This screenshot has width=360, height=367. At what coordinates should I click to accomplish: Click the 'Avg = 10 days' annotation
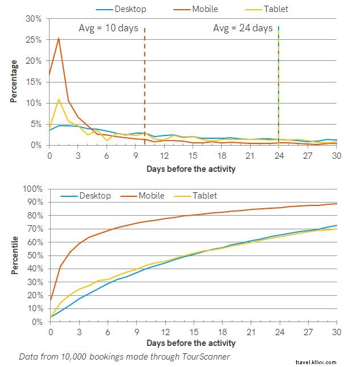pyautogui.click(x=108, y=28)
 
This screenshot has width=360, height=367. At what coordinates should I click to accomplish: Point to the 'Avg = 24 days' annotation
pyautogui.click(x=243, y=28)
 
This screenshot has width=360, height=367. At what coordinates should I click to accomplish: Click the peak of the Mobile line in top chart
pyautogui.click(x=59, y=39)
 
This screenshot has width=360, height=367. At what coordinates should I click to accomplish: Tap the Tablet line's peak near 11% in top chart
pyautogui.click(x=59, y=99)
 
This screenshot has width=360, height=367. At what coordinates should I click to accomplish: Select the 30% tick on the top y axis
pyautogui.click(x=34, y=19)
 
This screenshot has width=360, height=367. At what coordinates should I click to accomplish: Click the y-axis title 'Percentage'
pyautogui.click(x=14, y=81)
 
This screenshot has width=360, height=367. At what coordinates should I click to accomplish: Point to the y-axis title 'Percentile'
pyautogui.click(x=14, y=255)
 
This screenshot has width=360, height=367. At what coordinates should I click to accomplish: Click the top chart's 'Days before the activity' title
pyautogui.click(x=190, y=169)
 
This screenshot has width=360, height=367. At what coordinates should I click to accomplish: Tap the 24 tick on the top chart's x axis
pyautogui.click(x=278, y=156)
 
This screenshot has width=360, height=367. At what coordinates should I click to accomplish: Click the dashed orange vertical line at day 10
pyautogui.click(x=145, y=85)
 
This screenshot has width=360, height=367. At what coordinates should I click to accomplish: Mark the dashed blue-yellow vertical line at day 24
pyautogui.click(x=278, y=85)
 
